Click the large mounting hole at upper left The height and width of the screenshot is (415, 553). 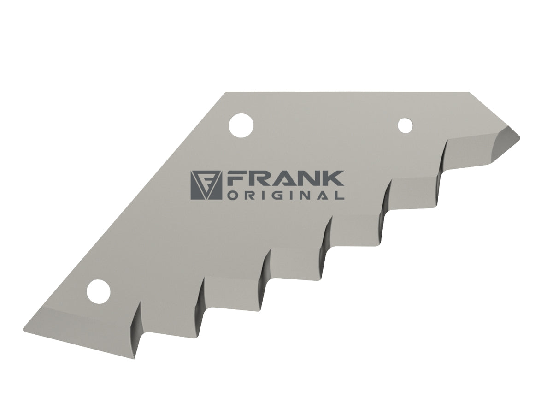pos(241,125)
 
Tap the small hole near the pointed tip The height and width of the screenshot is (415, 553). pos(406,125)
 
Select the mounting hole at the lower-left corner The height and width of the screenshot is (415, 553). pos(98,292)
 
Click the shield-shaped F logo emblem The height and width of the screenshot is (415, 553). pos(206,185)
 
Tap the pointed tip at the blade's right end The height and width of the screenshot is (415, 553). pos(520,137)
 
